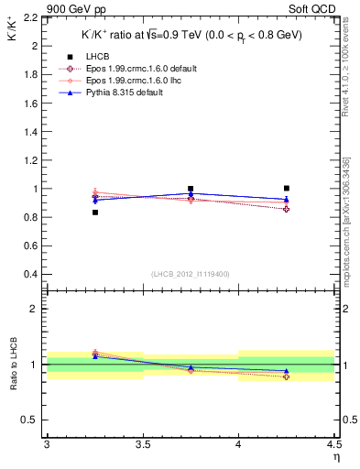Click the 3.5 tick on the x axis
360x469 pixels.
click(143, 445)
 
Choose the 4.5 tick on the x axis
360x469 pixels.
click(333, 445)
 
